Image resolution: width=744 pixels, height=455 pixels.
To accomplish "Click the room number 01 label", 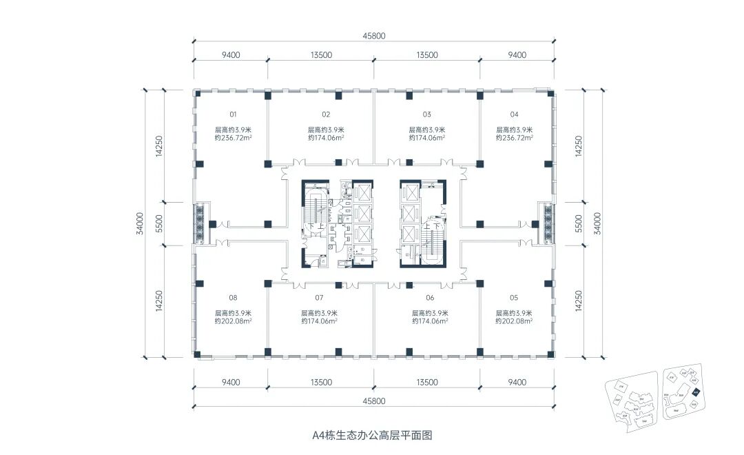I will [x=233, y=114].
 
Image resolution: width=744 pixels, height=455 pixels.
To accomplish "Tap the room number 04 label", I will [x=514, y=114].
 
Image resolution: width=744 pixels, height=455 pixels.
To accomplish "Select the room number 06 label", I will [x=430, y=298].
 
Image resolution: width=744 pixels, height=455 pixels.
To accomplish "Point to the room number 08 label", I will [x=233, y=298].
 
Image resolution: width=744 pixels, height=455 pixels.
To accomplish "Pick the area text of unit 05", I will [x=514, y=321].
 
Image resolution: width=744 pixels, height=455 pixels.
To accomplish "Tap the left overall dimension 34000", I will [x=139, y=223].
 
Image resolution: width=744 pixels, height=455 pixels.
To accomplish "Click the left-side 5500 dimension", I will [x=160, y=223].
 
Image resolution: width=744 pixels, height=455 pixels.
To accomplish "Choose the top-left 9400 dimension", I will [x=231, y=55].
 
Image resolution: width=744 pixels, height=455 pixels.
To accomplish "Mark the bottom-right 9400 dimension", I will [x=517, y=383].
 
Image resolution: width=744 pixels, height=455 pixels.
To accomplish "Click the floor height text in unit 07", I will [x=319, y=312].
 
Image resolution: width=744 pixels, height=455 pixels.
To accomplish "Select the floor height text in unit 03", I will [x=427, y=130].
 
